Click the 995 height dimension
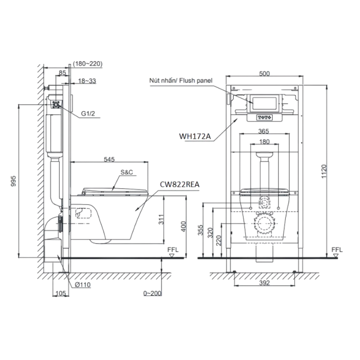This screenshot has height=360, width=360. tap(14, 181)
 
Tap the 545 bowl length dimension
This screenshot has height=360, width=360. tap(109, 159)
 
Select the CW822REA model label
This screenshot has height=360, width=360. tap(180, 184)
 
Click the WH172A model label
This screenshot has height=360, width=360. tap(195, 136)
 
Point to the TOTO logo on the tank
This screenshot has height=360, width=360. tap(265, 117)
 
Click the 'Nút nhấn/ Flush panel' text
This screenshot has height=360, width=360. tap(181, 81)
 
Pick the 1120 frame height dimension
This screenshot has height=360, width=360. tap(324, 171)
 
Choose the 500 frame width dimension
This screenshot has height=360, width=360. tap(264, 73)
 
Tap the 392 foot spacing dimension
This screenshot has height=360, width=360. tap(264, 283)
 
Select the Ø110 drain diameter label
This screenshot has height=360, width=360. tap(83, 285)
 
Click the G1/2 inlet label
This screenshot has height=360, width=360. tap(88, 113)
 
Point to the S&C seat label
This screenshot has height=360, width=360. tap(127, 172)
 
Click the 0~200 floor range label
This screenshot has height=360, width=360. tap(152, 293)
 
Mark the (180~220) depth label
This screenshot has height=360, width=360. tap(88, 63)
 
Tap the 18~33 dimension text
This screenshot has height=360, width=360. tap(87, 81)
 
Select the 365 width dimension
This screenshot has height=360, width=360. tap(263, 131)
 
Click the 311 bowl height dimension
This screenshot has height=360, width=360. tap(161, 219)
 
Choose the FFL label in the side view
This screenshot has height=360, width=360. tap(173, 250)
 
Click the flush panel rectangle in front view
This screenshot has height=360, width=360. tap(265, 103)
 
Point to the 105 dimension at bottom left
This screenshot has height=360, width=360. tap(61, 293)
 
